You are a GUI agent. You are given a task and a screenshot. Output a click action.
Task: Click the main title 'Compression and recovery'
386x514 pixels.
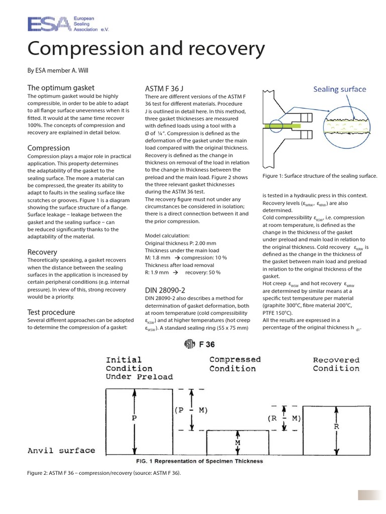click(146, 49)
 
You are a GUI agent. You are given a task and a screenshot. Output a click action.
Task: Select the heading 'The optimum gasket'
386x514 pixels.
click(61, 87)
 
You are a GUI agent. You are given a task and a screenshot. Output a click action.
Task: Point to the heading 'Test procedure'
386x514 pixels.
click(51, 312)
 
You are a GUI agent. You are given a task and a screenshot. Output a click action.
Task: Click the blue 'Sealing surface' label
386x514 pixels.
click(340, 89)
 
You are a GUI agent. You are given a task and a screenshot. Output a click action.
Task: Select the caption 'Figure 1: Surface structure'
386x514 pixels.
click(320, 176)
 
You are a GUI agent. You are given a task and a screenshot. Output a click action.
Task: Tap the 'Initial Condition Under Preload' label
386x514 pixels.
click(139, 368)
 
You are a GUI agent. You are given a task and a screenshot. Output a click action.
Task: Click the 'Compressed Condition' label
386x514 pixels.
click(235, 364)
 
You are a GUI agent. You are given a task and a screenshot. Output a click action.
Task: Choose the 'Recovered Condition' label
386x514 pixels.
click(336, 364)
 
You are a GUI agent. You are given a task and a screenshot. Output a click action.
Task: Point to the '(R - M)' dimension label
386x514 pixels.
click(284, 418)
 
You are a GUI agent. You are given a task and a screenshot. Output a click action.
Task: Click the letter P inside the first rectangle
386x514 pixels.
click(134, 417)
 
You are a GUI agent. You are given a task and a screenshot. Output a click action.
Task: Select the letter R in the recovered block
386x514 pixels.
click(336, 426)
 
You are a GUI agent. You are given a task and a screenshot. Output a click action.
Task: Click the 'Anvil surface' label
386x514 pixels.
click(61, 450)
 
